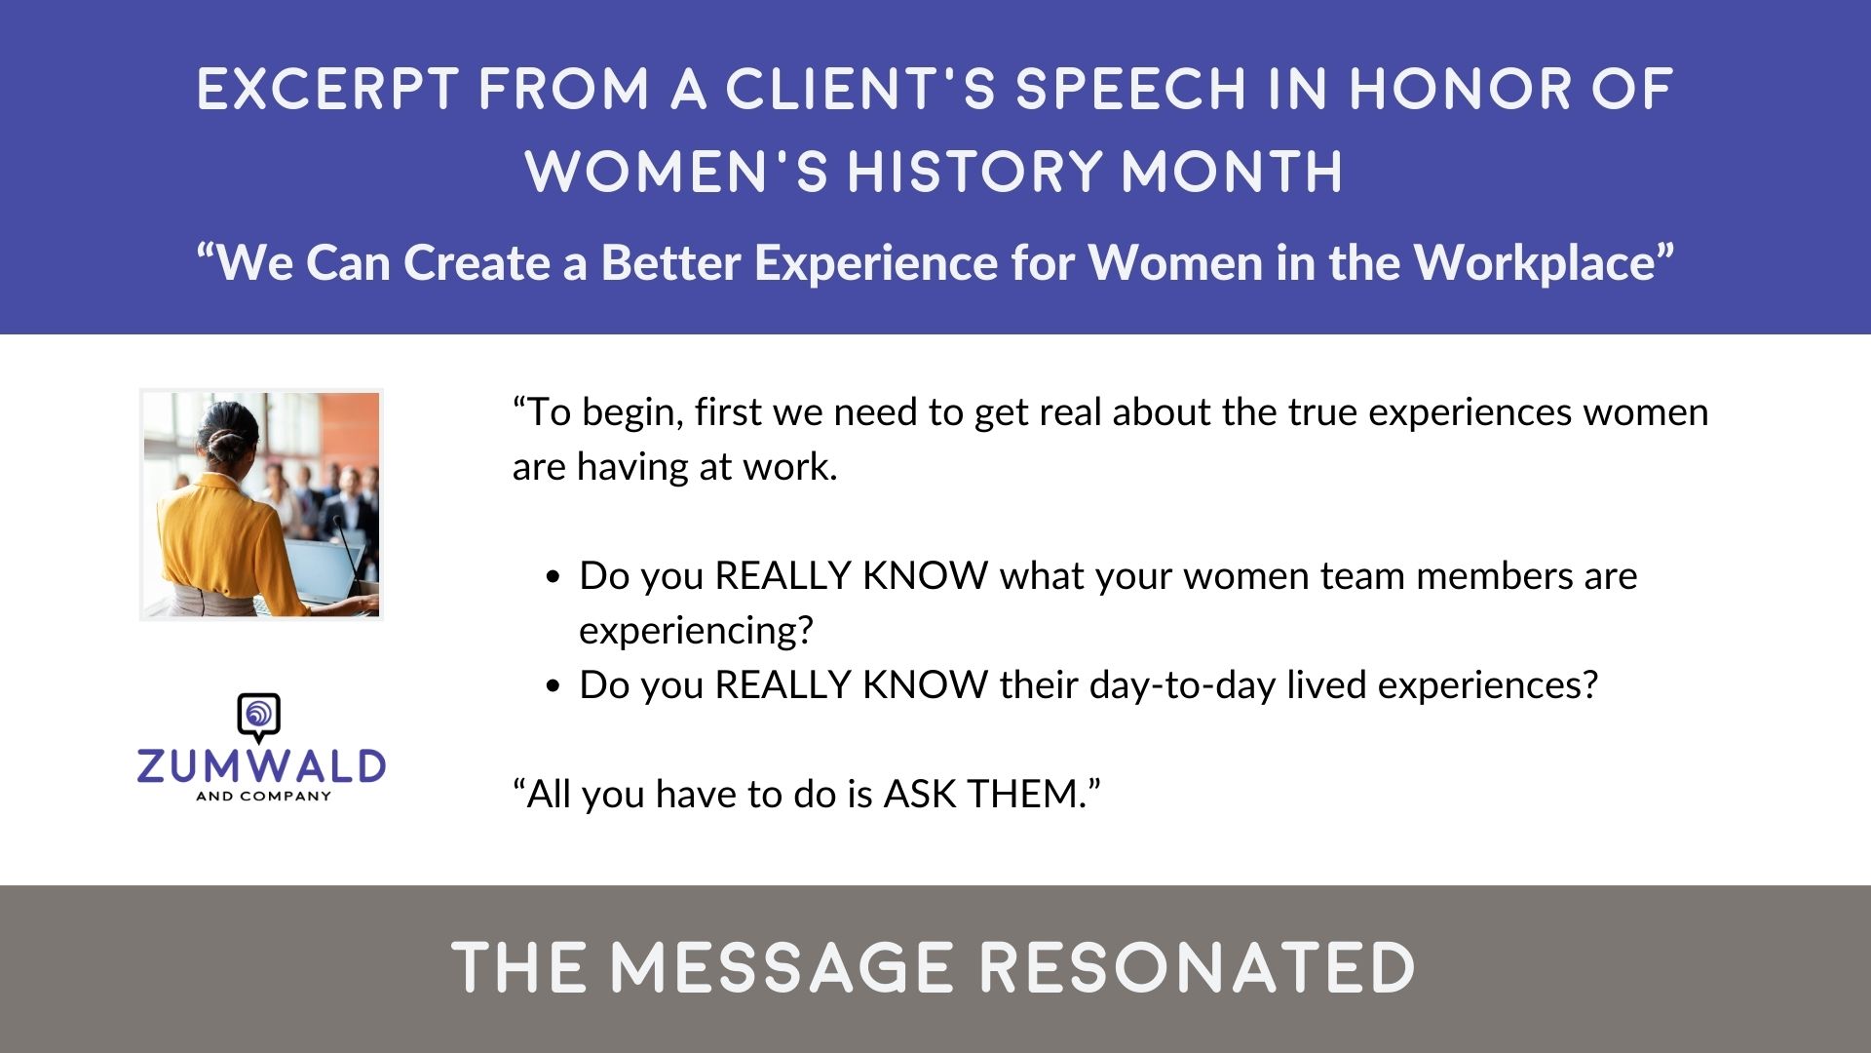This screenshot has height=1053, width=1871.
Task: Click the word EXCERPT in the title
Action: click(x=327, y=89)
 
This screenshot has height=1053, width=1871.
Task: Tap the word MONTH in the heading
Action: click(x=1232, y=172)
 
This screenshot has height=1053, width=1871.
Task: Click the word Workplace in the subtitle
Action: click(x=1544, y=262)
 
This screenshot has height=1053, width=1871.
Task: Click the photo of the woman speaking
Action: click(x=261, y=505)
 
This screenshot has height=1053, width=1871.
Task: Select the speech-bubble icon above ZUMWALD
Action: click(x=259, y=718)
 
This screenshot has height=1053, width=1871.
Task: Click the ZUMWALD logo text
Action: click(x=261, y=766)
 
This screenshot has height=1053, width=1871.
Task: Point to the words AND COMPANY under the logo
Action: click(x=264, y=797)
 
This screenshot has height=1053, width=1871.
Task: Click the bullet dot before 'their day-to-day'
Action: click(x=554, y=686)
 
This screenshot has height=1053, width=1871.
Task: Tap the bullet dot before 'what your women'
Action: click(x=554, y=577)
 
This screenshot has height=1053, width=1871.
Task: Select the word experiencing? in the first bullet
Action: click(x=696, y=631)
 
